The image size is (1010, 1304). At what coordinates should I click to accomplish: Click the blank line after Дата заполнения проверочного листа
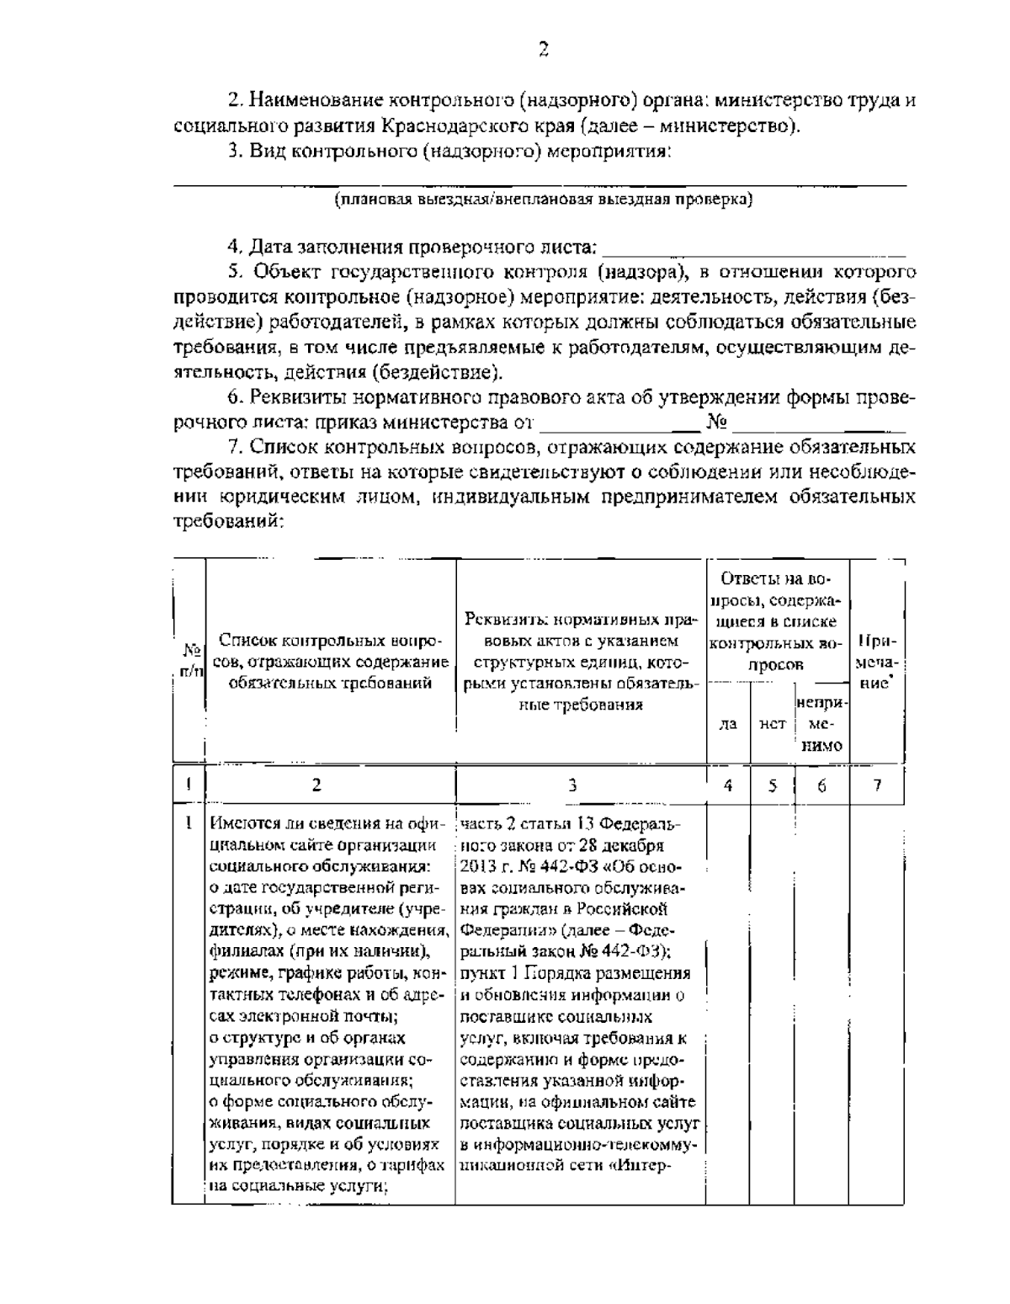pos(755,249)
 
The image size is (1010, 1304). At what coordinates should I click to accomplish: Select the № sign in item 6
pos(717,420)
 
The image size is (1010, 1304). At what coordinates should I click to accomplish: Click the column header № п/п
pos(191,660)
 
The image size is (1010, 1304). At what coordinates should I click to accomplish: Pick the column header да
pos(729,722)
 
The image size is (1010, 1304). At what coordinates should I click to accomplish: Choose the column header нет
pos(772,722)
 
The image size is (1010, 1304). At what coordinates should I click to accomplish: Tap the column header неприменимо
pos(821,723)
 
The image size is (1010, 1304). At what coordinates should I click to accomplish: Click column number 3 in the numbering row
pos(572,785)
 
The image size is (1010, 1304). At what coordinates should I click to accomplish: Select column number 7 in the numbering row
pos(876,785)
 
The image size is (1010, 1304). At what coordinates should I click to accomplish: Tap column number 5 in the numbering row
pos(772,785)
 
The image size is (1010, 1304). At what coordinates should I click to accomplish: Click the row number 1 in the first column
pos(189,822)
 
